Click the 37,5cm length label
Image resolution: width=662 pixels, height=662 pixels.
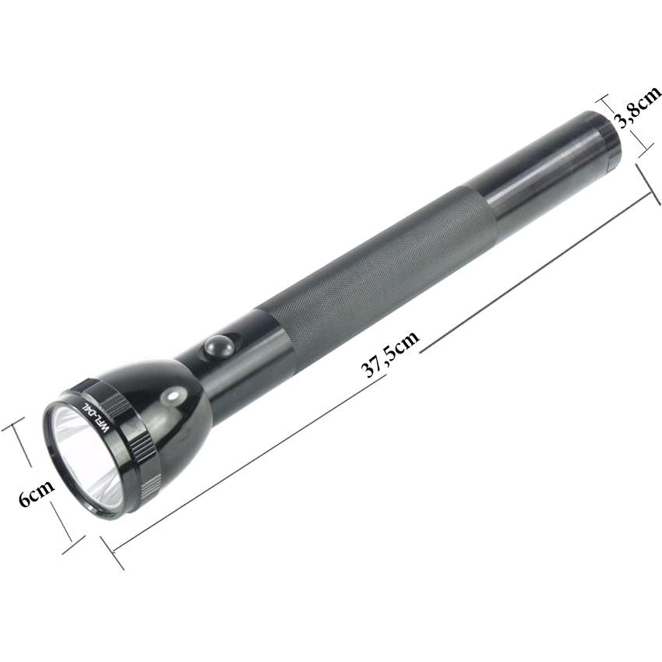390,354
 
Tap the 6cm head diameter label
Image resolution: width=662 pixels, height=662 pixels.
37,493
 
